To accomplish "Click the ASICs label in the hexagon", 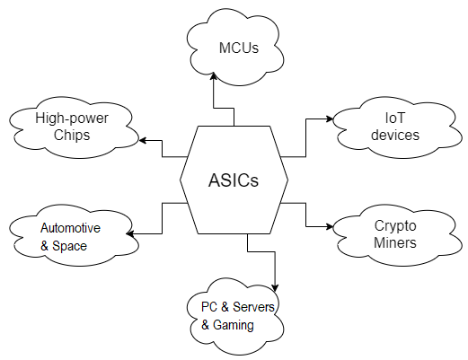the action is point(234,180).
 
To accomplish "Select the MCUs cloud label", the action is point(239,48).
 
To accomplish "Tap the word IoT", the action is point(395,118).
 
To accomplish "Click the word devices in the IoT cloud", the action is point(395,135).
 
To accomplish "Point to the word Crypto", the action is point(395,226).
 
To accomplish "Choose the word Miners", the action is point(395,242).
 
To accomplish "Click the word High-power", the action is point(72,119).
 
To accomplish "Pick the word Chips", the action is point(72,136).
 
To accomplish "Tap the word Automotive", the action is point(70,228).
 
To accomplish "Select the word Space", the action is point(69,246).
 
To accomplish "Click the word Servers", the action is point(253,307).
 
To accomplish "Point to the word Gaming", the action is point(234,325).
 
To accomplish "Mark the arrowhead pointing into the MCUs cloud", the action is point(213,75).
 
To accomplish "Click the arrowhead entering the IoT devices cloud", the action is point(330,119).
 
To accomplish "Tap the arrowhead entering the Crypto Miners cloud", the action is point(330,226).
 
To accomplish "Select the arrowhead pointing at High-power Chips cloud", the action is point(143,140).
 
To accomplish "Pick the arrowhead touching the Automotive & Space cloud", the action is point(130,233).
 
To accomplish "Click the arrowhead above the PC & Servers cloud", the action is point(275,288).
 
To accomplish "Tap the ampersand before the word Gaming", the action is point(205,325).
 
